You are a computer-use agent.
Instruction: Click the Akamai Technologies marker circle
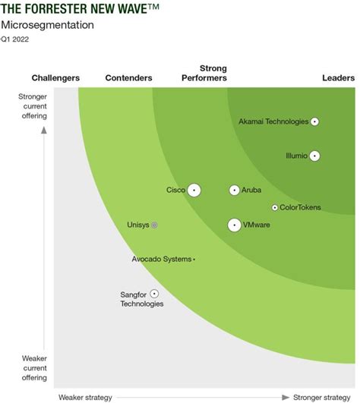[x=314, y=121]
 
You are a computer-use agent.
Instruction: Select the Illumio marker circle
[x=314, y=156]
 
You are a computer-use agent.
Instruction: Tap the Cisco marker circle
[x=194, y=190]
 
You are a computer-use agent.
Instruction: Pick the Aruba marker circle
[x=235, y=190]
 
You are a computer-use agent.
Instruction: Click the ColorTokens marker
[x=274, y=207]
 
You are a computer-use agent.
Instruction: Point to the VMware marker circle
[x=235, y=225]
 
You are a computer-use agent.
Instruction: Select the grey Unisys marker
[x=154, y=225]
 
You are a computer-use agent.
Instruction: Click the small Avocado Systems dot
[x=194, y=260]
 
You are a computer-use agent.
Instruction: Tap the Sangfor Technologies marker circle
[x=154, y=293]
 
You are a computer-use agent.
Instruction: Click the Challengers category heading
[x=56, y=78]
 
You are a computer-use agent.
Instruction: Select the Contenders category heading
[x=128, y=78]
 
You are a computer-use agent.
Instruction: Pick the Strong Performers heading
[x=204, y=73]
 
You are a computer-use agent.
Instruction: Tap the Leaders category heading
[x=338, y=78]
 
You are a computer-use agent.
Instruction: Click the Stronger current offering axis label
[x=33, y=105]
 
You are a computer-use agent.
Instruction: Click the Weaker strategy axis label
[x=85, y=397]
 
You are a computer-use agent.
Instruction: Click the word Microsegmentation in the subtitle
[x=47, y=25]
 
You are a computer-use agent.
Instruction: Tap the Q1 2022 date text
[x=17, y=39]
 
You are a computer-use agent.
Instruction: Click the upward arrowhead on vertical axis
[x=44, y=131]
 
